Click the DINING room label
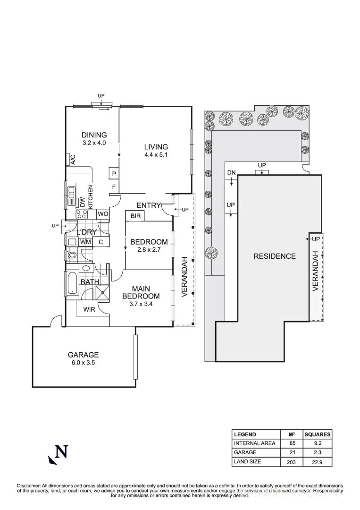(x=94, y=135)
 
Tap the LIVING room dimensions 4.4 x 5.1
(x=156, y=154)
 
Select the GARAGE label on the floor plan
(x=83, y=355)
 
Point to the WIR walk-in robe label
(x=90, y=310)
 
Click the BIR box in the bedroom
(x=135, y=216)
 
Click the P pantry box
(x=114, y=174)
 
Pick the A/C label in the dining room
(x=73, y=160)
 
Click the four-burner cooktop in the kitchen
(x=82, y=214)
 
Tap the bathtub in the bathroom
(x=72, y=282)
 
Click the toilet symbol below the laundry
(x=72, y=255)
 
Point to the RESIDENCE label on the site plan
(x=275, y=256)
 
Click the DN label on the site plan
(x=231, y=172)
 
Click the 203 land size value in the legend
(x=291, y=462)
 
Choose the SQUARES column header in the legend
(x=318, y=434)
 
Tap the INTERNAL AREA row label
(x=255, y=443)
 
